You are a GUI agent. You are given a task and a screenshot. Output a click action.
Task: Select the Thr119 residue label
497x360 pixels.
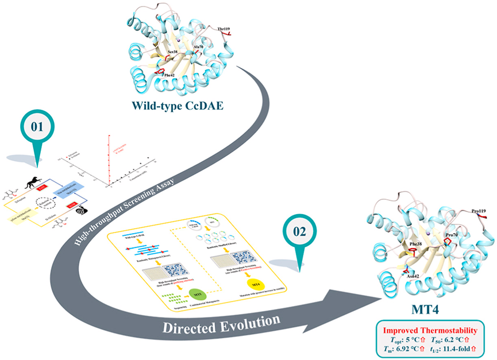[219, 26]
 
